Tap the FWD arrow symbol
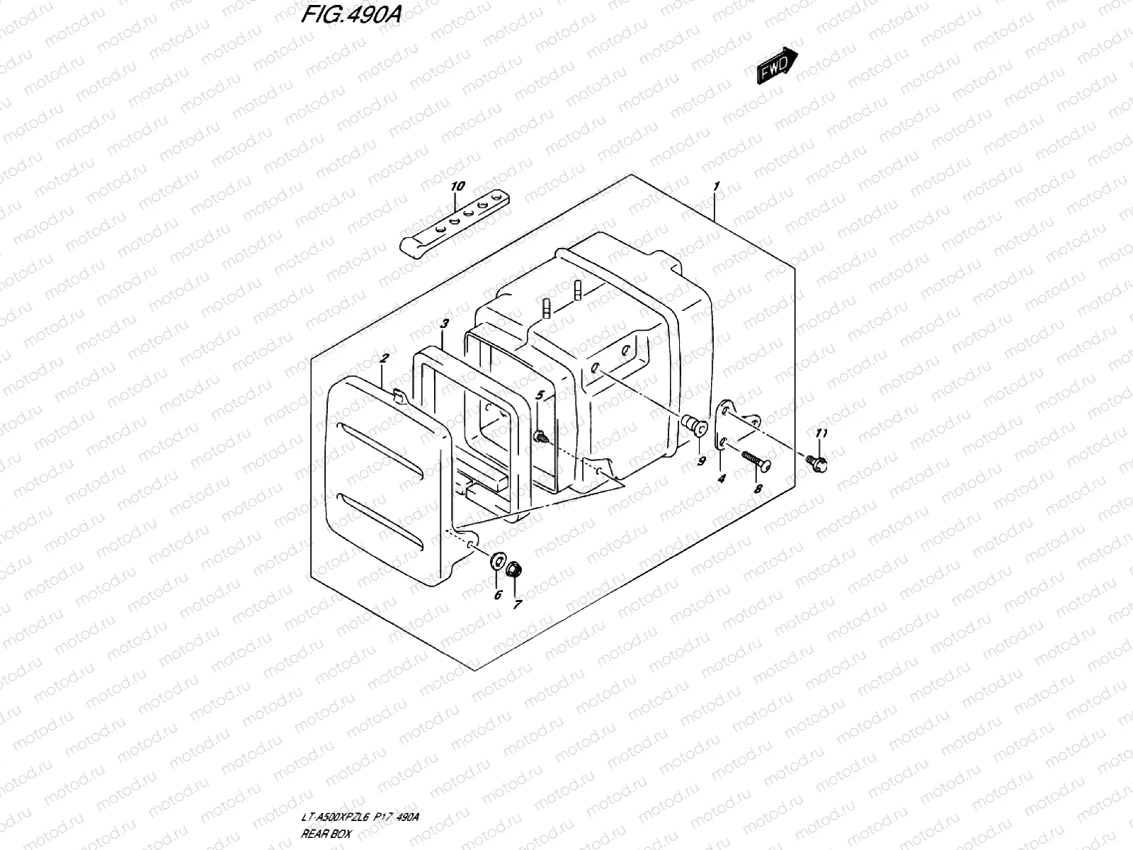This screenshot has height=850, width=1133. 777,67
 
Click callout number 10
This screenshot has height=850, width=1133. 457,186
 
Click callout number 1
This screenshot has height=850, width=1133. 716,186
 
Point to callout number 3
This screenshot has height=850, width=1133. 444,324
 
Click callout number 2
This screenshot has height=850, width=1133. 383,359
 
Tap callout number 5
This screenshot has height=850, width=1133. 540,395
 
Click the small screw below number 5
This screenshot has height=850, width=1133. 540,437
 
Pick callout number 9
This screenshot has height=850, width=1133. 701,461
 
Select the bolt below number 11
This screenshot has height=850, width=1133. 818,462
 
